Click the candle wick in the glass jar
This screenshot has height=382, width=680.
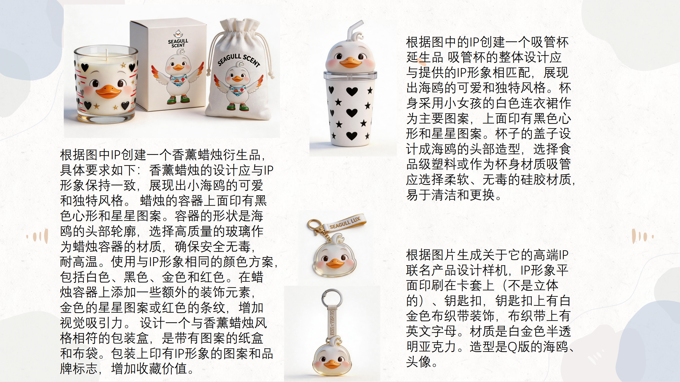(107, 54)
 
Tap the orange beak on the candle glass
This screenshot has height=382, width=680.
(108, 92)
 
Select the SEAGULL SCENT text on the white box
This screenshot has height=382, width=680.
(178, 43)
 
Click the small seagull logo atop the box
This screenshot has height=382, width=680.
(178, 34)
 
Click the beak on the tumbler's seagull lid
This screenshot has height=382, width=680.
(350, 63)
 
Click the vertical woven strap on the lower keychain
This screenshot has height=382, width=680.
(332, 321)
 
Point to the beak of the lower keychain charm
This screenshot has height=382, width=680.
(332, 364)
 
